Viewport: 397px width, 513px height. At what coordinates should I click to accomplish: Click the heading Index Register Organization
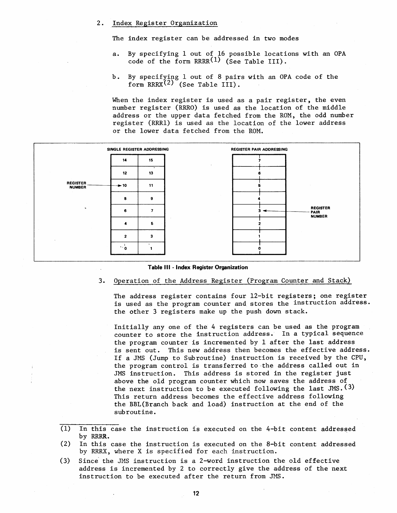pyautogui.click(x=164, y=23)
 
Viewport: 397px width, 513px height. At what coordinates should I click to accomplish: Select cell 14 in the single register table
pyautogui.click(x=125, y=160)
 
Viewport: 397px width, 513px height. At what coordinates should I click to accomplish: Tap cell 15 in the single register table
pyautogui.click(x=151, y=160)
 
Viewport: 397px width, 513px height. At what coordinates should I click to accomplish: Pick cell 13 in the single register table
pyautogui.click(x=151, y=173)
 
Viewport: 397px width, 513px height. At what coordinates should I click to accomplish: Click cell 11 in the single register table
pyautogui.click(x=151, y=186)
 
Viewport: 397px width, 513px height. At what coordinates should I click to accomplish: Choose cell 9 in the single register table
pyautogui.click(x=151, y=198)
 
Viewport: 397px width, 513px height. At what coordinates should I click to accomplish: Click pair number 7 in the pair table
pyautogui.click(x=259, y=161)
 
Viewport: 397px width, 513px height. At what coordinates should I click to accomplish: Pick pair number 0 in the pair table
pyautogui.click(x=259, y=249)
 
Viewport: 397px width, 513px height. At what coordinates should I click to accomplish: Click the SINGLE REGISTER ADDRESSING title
pyautogui.click(x=138, y=149)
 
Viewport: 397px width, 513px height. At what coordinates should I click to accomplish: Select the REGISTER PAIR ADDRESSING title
pyautogui.click(x=259, y=149)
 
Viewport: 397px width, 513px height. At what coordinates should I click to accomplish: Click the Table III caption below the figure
pyautogui.click(x=198, y=268)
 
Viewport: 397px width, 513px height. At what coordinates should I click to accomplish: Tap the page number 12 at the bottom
pyautogui.click(x=196, y=493)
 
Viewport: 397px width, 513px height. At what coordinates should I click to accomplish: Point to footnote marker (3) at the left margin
pyautogui.click(x=65, y=461)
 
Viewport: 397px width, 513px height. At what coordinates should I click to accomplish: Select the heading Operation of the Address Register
pyautogui.click(x=232, y=280)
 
